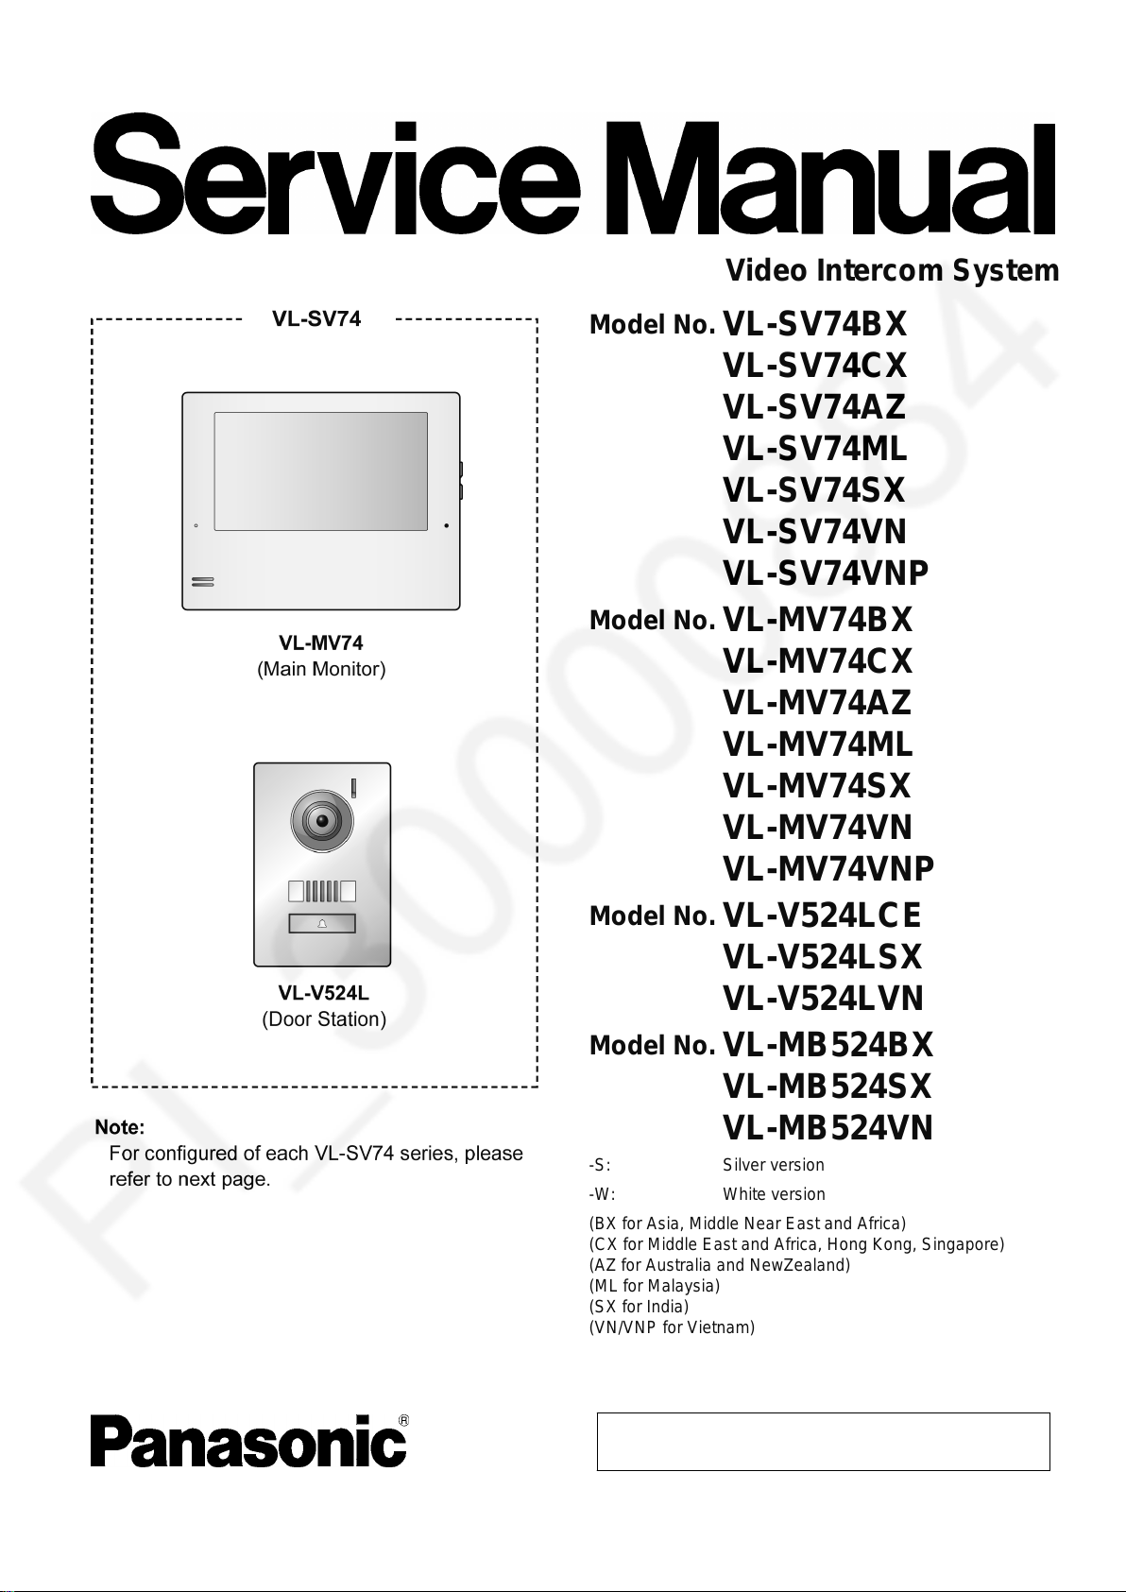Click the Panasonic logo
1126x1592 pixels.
pos(248,1442)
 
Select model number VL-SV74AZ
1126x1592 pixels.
pos(813,407)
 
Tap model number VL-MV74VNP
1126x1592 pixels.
pos(827,869)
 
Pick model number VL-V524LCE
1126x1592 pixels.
pos(821,916)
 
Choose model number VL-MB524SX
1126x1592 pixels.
pos(827,1087)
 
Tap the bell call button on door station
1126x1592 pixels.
pos(322,923)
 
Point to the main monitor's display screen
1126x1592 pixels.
pos(320,471)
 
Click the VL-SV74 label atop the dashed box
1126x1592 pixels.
pos(316,319)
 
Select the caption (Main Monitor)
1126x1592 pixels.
pos(321,670)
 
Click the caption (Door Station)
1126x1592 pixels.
pos(324,1020)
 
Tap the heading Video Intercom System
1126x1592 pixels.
pos(892,271)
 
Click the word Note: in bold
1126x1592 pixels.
pos(120,1127)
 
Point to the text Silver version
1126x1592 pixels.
pos(773,1166)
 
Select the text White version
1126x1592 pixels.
pos(774,1194)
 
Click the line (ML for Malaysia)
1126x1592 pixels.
pos(654,1286)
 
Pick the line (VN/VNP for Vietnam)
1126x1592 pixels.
pos(671,1327)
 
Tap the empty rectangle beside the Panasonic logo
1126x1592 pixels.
pos(823,1442)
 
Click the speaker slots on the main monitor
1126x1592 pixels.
pos(203,582)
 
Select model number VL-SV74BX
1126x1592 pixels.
pos(814,325)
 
